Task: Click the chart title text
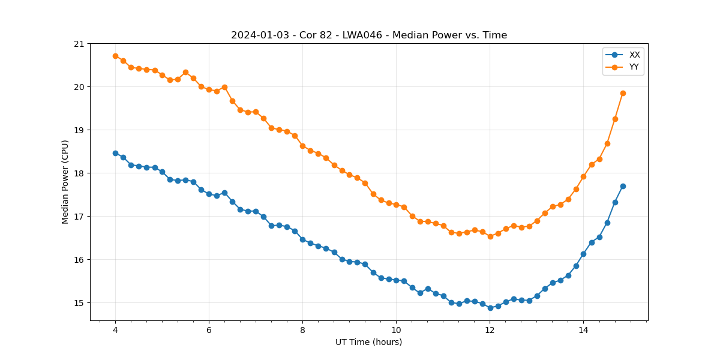(x=369, y=35)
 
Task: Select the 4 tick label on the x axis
(x=115, y=330)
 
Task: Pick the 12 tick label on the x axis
(x=490, y=330)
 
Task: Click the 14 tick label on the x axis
(x=583, y=330)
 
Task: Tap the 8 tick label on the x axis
(x=302, y=330)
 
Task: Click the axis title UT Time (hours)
(x=368, y=342)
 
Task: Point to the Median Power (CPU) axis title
(x=65, y=182)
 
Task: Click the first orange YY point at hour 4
(x=115, y=56)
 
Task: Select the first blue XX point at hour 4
(x=115, y=153)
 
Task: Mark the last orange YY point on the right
(x=623, y=93)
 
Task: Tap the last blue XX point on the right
(x=623, y=186)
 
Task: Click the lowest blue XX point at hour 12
(x=490, y=308)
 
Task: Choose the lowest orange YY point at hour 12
(x=490, y=236)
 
